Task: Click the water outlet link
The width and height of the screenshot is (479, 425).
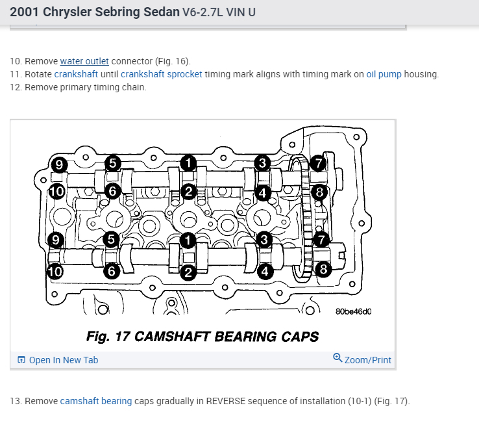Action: [84, 61]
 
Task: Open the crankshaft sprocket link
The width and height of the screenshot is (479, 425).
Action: [161, 74]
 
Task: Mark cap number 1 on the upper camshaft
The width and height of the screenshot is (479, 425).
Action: [188, 163]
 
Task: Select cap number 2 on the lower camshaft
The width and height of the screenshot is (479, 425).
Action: [188, 272]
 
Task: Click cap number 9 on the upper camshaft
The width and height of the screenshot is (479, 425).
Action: [59, 164]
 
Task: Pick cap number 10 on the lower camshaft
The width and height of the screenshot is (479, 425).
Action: [56, 272]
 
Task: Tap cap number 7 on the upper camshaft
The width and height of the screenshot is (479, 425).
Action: [318, 162]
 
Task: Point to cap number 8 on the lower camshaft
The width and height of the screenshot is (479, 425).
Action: [323, 268]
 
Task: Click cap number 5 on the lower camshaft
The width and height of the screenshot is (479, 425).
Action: [112, 240]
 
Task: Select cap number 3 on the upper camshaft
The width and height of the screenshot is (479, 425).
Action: [262, 163]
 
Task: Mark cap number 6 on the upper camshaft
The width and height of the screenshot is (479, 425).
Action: [112, 191]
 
